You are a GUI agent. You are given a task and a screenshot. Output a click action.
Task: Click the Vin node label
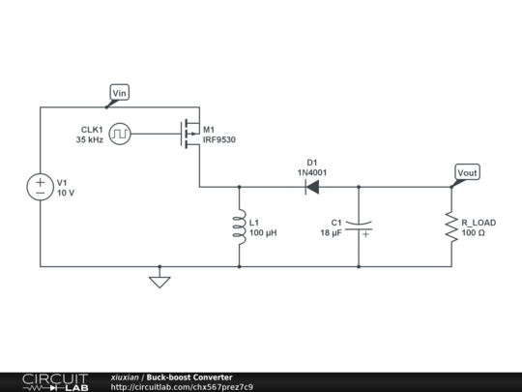tap(120, 93)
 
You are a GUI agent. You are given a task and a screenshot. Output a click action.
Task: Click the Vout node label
tap(466, 172)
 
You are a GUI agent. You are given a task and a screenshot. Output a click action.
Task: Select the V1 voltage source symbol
tap(41, 187)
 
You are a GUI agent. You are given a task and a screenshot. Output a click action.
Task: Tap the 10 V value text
tap(66, 193)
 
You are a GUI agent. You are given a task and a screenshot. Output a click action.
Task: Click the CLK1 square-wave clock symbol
tap(120, 134)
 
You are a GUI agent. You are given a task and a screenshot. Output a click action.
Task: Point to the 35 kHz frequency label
tap(94, 139)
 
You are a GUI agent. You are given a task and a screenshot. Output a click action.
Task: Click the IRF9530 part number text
tap(218, 140)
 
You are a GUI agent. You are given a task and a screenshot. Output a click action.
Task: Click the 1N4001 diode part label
tap(312, 171)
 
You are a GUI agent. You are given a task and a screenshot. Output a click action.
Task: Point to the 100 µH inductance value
tap(264, 233)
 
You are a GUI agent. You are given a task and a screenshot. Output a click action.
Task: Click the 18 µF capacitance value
tap(331, 233)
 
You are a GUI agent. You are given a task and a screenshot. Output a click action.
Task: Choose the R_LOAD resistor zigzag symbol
tap(450, 226)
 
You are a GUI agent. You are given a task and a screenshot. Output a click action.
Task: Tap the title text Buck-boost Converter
tap(189, 377)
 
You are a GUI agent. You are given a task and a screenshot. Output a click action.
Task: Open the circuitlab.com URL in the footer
tap(183, 387)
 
